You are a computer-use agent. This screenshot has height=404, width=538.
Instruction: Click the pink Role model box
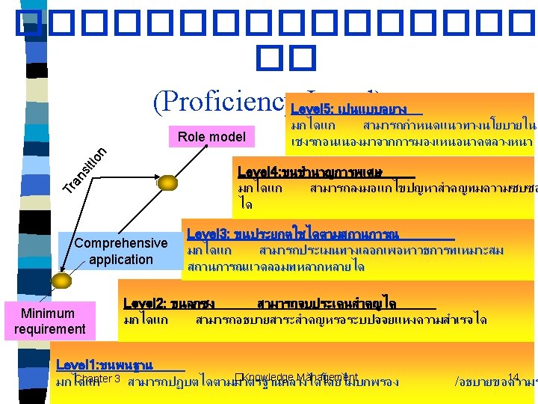pos(211,137)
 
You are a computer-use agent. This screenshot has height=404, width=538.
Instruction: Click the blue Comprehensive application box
pos(120,251)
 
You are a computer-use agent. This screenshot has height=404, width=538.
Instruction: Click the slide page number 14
pos(513,378)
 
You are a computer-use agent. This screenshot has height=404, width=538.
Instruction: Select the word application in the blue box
pos(120,260)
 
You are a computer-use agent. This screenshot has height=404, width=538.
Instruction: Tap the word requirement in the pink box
pos(49,329)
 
